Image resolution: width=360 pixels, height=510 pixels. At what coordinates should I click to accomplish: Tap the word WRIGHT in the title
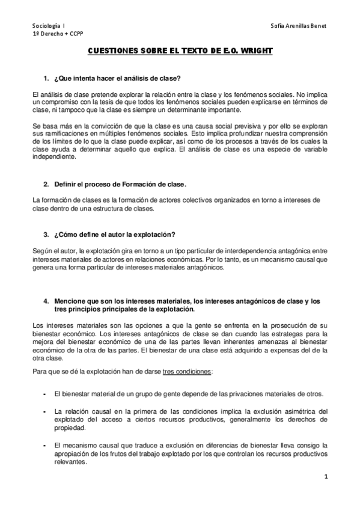coord(255,52)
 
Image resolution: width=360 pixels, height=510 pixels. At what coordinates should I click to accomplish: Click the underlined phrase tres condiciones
coord(187,371)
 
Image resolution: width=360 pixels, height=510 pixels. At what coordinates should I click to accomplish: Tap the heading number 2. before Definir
coord(47,183)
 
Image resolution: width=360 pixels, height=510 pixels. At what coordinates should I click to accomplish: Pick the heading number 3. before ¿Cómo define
coord(47,233)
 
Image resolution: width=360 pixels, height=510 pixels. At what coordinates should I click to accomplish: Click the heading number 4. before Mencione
coord(47,301)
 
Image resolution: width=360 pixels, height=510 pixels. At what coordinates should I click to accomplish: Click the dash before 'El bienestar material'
coord(45,394)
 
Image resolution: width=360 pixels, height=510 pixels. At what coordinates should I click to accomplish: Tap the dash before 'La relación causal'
coord(45,411)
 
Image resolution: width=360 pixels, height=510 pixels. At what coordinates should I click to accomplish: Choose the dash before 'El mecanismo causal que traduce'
coord(45,445)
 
